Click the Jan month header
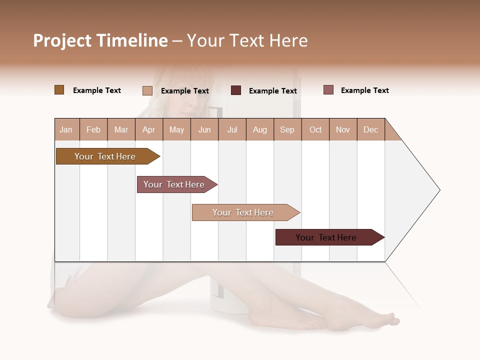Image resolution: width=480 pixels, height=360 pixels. point(66,129)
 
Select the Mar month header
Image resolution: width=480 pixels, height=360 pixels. point(121,129)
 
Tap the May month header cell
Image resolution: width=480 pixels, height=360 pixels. point(176,129)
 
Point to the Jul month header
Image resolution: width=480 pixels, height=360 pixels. point(232,129)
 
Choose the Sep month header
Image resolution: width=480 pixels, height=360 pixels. point(287,129)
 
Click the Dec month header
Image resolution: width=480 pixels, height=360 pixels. point(370,129)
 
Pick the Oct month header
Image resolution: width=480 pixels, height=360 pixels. point(315,129)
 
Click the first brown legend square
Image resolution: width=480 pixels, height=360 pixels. point(59,90)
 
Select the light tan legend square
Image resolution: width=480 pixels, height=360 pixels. point(147,90)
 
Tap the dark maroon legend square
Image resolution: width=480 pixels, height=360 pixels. point(236,90)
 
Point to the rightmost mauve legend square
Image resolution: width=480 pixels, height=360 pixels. point(328,90)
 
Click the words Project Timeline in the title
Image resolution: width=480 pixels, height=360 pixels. point(100,40)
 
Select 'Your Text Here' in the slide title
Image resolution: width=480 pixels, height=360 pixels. point(247,40)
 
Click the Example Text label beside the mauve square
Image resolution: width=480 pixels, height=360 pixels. point(364,90)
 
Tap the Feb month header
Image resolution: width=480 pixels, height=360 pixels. point(93,129)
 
